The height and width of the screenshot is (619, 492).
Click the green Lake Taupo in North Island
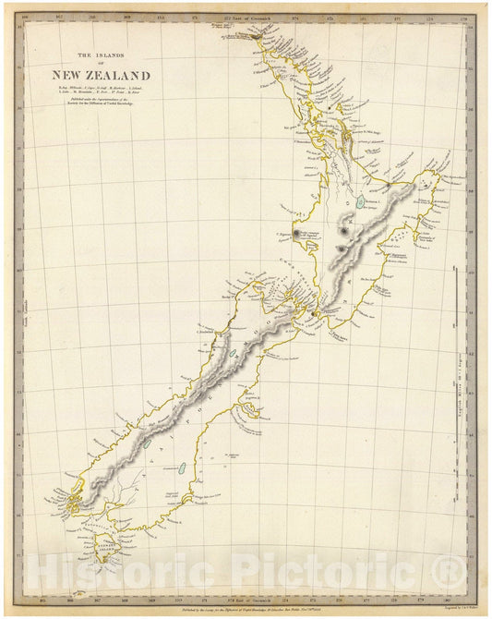pyautogui.click(x=359, y=201)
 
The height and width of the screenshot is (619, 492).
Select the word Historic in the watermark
pyautogui.click(x=121, y=570)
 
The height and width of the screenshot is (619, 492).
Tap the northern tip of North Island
pyautogui.click(x=224, y=25)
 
